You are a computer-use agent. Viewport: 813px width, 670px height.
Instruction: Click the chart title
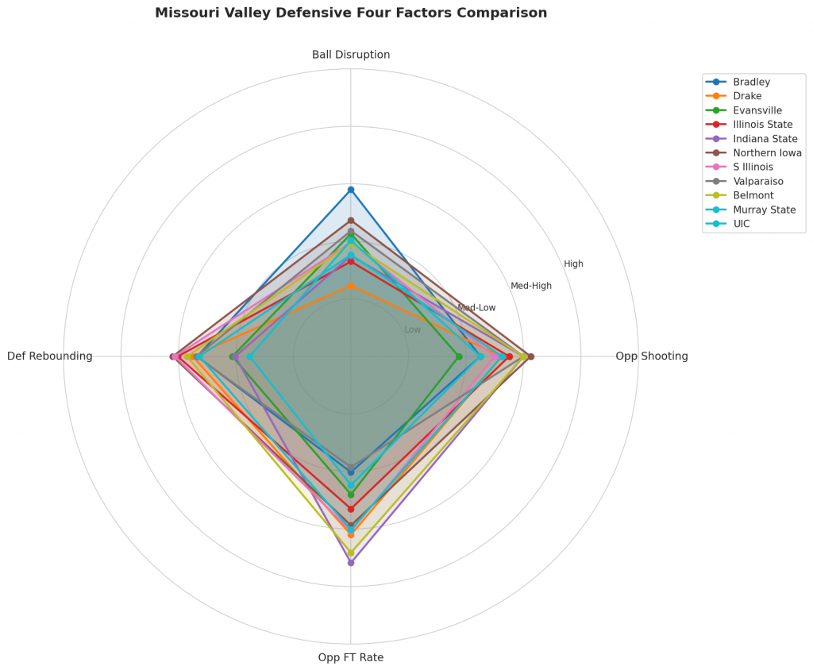pyautogui.click(x=350, y=13)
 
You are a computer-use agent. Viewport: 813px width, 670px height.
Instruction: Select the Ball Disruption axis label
pyautogui.click(x=351, y=55)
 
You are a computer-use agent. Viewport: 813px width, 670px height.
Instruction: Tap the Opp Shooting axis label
pyautogui.click(x=651, y=356)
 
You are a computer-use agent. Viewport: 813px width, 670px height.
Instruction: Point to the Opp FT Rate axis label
pyautogui.click(x=351, y=657)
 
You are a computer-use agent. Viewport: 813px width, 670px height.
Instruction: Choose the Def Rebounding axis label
pyautogui.click(x=50, y=356)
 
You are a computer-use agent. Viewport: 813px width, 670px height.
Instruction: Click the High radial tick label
pyautogui.click(x=573, y=264)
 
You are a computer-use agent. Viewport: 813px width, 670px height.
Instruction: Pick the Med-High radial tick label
pyautogui.click(x=531, y=286)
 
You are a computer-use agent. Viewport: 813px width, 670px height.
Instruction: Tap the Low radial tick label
pyautogui.click(x=413, y=329)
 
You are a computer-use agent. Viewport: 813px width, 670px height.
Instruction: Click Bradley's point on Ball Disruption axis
pyautogui.click(x=351, y=190)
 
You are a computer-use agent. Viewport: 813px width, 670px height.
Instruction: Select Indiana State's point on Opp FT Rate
pyautogui.click(x=351, y=563)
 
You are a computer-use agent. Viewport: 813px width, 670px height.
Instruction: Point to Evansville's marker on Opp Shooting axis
pyautogui.click(x=459, y=356)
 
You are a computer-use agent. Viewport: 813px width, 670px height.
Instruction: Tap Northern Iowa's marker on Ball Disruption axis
pyautogui.click(x=351, y=220)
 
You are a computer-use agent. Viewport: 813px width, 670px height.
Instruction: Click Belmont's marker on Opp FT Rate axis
pyautogui.click(x=351, y=553)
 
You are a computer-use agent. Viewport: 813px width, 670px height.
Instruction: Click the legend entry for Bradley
pyautogui.click(x=751, y=82)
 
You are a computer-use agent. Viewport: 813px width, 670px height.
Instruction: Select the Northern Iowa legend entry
pyautogui.click(x=767, y=153)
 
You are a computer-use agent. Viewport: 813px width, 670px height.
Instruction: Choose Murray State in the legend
pyautogui.click(x=764, y=210)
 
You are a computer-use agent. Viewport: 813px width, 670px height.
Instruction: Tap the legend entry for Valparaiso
pyautogui.click(x=760, y=181)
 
